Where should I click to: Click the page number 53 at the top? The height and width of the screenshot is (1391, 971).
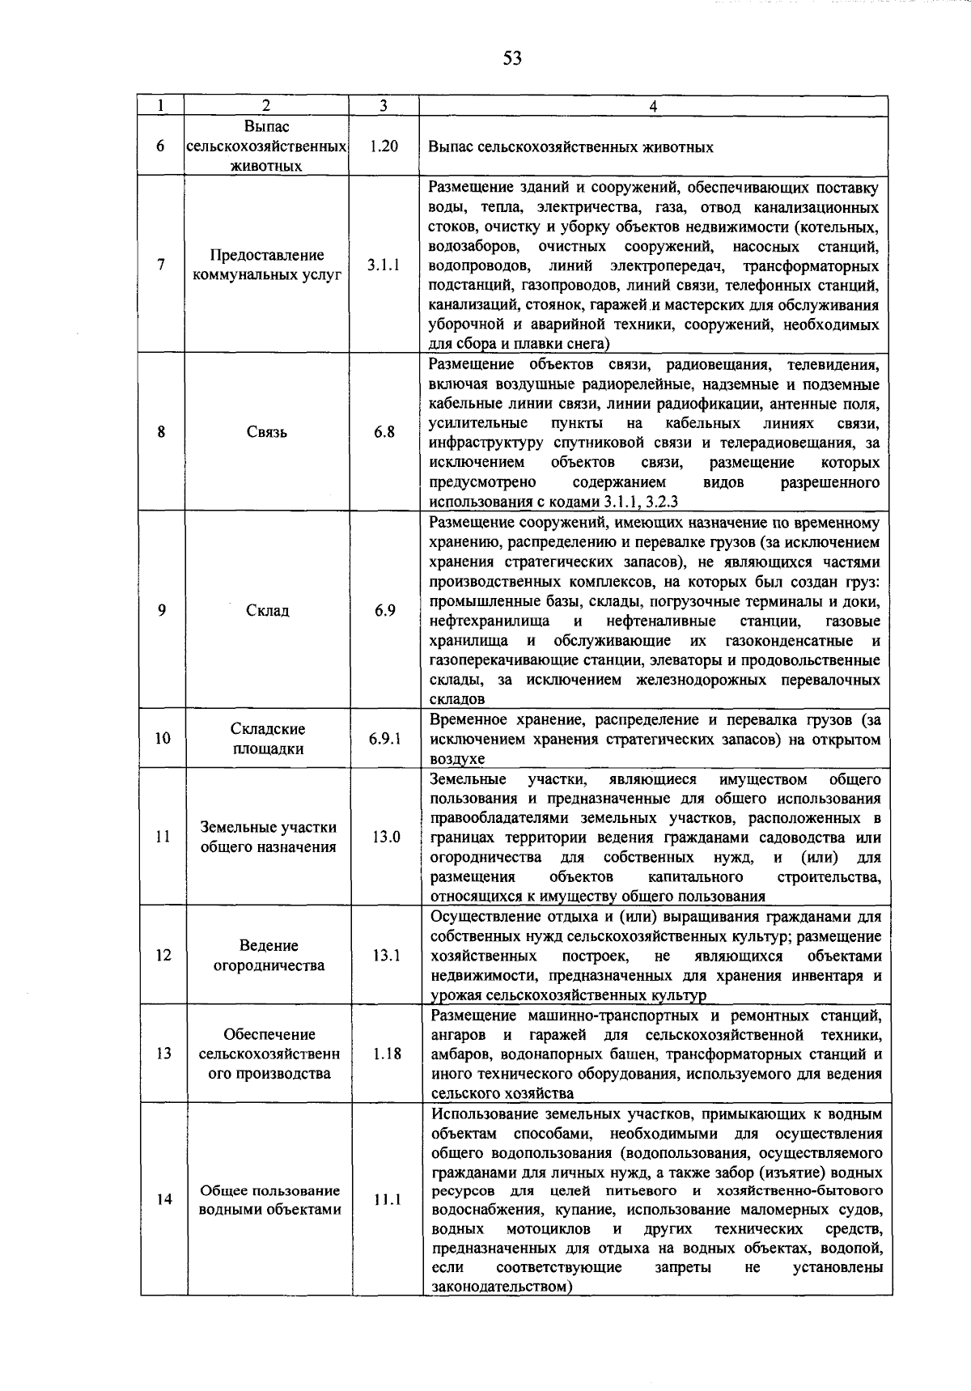(x=512, y=57)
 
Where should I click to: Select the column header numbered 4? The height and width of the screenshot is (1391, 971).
(x=653, y=106)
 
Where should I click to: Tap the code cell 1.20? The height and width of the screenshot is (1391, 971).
(x=384, y=146)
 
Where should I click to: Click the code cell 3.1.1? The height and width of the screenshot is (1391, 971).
(x=384, y=265)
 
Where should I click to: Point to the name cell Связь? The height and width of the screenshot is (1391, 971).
(x=267, y=432)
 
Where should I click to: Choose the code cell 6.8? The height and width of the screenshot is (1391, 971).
(x=384, y=432)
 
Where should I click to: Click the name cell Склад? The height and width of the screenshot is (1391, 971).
(x=267, y=611)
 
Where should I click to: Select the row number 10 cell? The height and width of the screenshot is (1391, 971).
(x=163, y=738)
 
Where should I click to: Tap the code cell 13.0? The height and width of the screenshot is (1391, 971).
(x=386, y=837)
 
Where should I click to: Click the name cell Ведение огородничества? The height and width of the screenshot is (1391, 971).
(x=269, y=956)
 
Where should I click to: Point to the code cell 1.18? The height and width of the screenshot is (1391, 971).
(x=387, y=1054)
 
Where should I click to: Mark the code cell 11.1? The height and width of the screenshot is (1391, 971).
(x=387, y=1199)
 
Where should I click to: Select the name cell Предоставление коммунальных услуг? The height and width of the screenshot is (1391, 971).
(x=267, y=265)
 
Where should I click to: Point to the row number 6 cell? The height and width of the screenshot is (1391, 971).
(x=161, y=146)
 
